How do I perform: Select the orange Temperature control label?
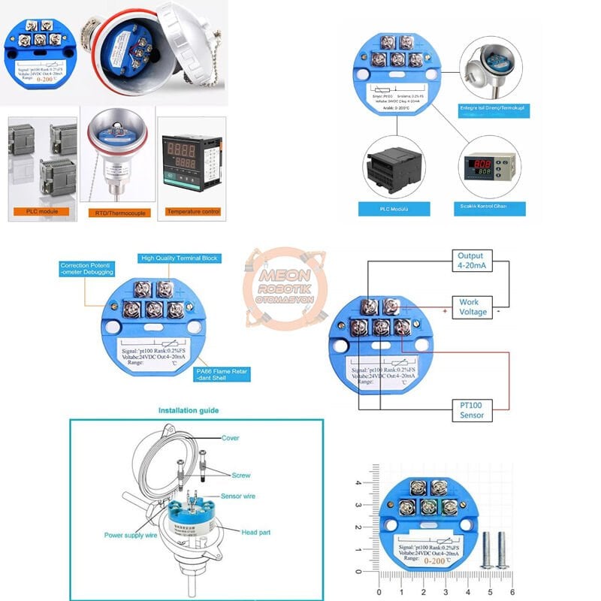pyautogui.click(x=194, y=212)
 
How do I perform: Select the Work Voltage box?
pyautogui.click(x=473, y=307)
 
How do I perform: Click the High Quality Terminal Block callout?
pyautogui.click(x=179, y=258)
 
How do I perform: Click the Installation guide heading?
pyautogui.click(x=188, y=411)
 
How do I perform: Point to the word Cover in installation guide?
pyautogui.click(x=230, y=437)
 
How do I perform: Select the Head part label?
pyautogui.click(x=255, y=532)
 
